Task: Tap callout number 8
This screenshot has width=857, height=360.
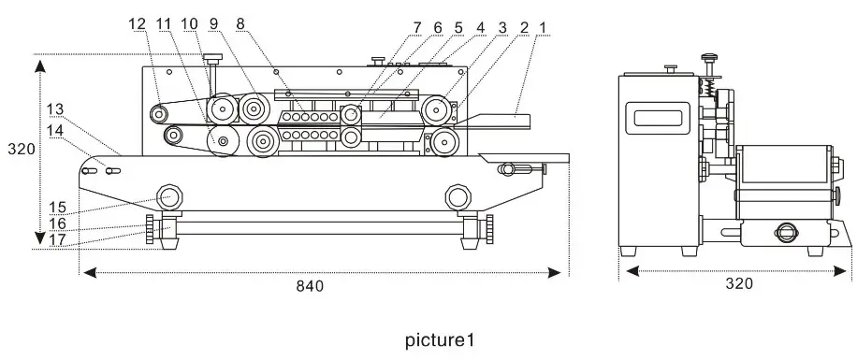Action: pos(241,22)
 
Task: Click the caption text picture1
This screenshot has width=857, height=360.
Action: pos(432,339)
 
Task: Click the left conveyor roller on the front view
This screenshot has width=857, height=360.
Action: pos(169,196)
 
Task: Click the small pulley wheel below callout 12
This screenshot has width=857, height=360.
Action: pos(160,114)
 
